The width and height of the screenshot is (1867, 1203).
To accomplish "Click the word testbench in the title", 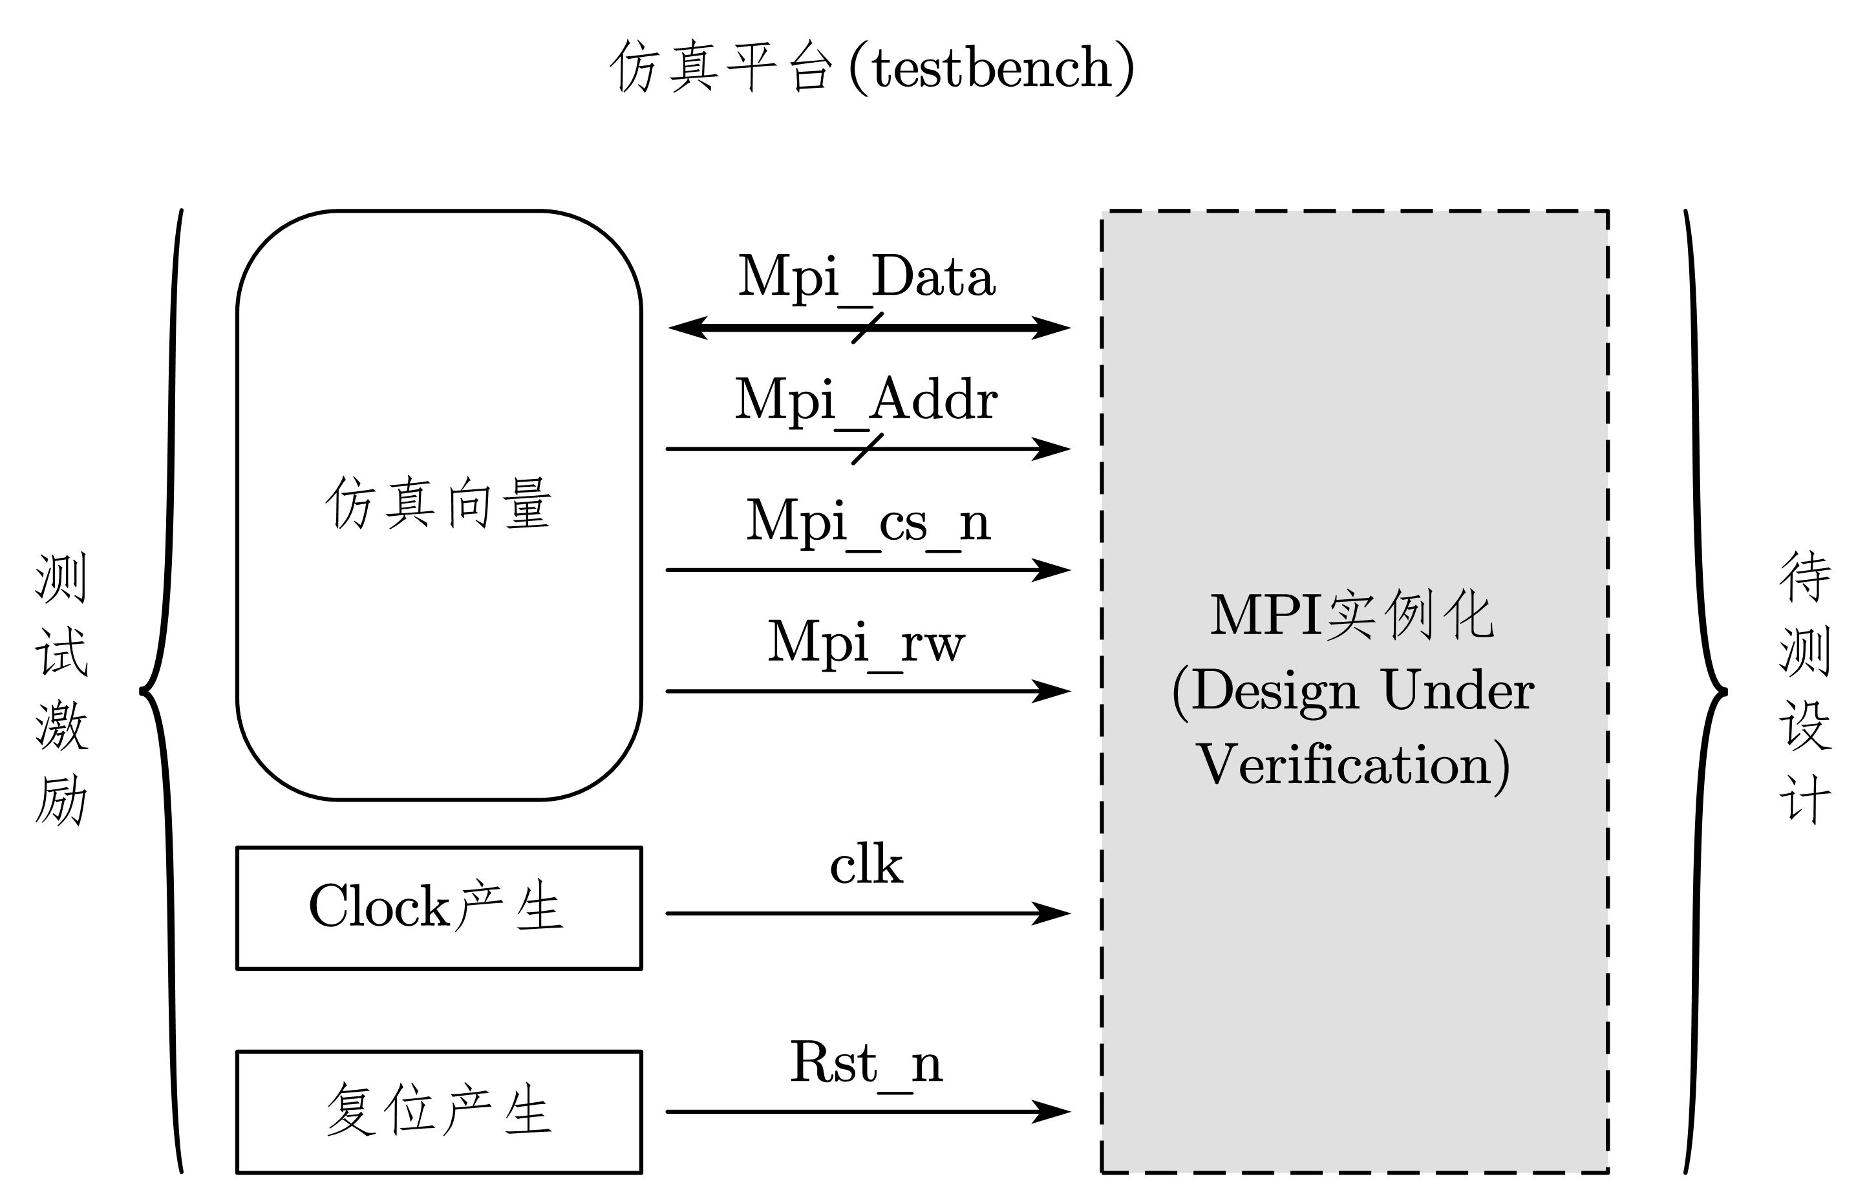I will click(990, 68).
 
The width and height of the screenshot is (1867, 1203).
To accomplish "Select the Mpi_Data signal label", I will click(866, 277).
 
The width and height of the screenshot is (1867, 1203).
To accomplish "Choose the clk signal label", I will click(866, 866).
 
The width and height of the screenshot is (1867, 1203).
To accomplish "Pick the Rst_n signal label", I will click(866, 1063).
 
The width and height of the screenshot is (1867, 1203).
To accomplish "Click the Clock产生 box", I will click(438, 908).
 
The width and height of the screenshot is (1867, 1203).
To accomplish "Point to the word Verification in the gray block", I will click(1343, 765).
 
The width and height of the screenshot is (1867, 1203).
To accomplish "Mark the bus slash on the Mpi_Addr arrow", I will click(867, 449).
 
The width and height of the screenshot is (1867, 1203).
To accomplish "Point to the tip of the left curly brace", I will click(142, 690).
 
